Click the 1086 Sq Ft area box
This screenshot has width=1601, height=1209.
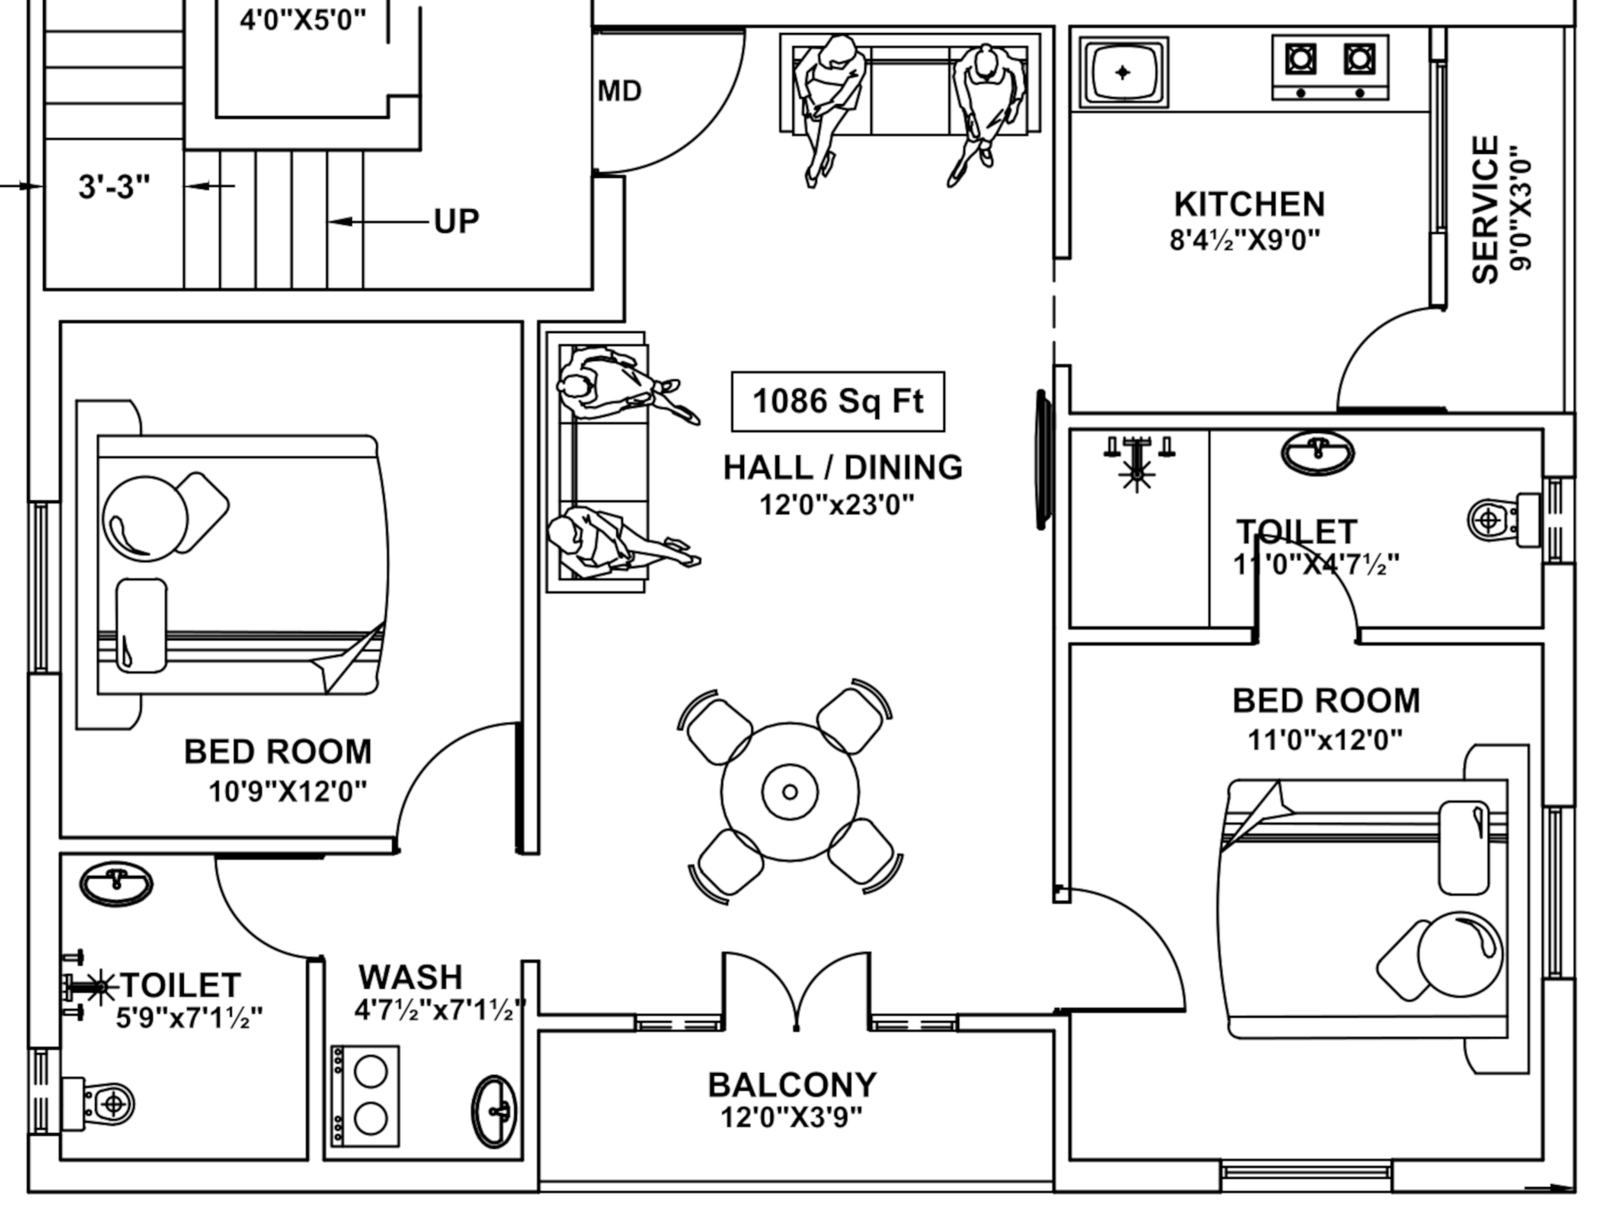click(x=837, y=402)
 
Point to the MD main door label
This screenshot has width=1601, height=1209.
click(x=620, y=91)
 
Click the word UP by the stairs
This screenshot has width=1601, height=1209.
click(x=456, y=221)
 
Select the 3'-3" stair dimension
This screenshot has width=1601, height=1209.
click(x=114, y=187)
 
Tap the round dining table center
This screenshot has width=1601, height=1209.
click(x=790, y=792)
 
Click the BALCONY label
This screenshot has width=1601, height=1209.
click(x=792, y=1085)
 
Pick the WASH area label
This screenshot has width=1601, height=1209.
click(x=410, y=977)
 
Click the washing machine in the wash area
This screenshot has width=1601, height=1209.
click(x=366, y=1096)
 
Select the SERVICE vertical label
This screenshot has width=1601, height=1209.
click(x=1486, y=210)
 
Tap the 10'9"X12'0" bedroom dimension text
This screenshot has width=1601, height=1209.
click(x=287, y=792)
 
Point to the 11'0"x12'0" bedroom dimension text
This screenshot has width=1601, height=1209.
click(x=1325, y=740)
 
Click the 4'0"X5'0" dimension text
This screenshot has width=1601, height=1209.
click(x=303, y=20)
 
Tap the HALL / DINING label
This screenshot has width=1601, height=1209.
click(x=843, y=467)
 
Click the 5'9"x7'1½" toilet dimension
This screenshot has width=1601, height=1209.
click(x=189, y=1018)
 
